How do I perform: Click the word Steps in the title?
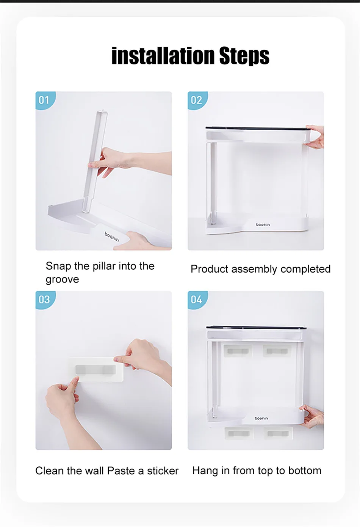(244, 56)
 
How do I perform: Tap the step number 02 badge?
(197, 100)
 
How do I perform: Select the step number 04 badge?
(197, 300)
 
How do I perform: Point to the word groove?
(62, 280)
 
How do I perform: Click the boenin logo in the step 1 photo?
(112, 237)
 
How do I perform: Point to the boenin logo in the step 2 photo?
(263, 225)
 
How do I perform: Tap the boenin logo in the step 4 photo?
(261, 418)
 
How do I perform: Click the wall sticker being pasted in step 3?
(96, 370)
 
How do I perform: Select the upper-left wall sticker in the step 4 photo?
(238, 351)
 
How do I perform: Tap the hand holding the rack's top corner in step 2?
(315, 137)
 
